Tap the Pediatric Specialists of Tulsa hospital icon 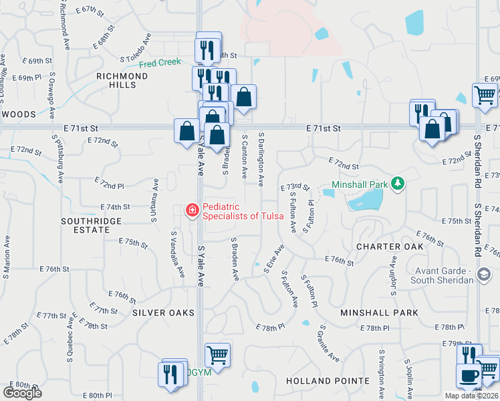(193, 211)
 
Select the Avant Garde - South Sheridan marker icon (484, 275)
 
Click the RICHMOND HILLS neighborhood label (122, 81)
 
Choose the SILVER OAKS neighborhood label (163, 313)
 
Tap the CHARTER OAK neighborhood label (390, 247)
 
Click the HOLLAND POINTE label (328, 381)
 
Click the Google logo (22, 392)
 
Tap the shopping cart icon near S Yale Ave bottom (217, 354)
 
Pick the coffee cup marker (469, 376)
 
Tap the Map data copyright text (472, 396)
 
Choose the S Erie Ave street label (275, 257)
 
